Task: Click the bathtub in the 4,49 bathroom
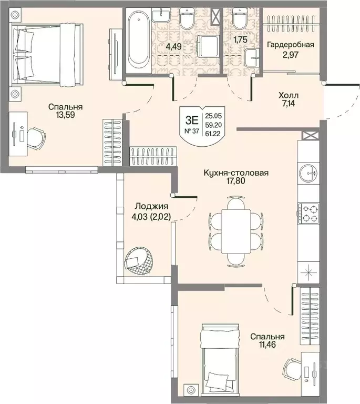coord(139,41)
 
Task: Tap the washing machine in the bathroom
coord(209,46)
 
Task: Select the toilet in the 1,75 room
coord(240,17)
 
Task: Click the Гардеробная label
coord(291,45)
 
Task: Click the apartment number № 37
coord(192,131)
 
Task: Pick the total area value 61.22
coord(213,134)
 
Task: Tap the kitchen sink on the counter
coord(308,173)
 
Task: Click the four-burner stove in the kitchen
coord(308,214)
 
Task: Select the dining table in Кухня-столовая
coord(236,231)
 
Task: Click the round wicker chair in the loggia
coord(137,261)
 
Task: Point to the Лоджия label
coord(151,206)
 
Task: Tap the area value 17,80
coord(236,181)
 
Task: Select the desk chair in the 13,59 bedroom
coord(36,138)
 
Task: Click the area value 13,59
coord(65,115)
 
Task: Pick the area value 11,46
coord(268,345)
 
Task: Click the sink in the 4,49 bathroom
coord(161,15)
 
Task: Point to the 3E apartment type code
coord(192,120)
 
